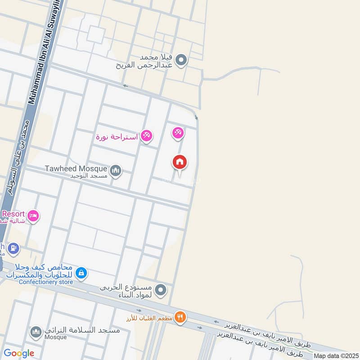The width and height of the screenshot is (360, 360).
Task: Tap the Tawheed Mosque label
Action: tap(76, 169)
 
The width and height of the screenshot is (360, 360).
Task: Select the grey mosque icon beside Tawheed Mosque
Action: tap(116, 170)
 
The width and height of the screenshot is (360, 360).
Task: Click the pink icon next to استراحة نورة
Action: tap(146, 135)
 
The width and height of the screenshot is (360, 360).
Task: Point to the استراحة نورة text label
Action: tap(117, 136)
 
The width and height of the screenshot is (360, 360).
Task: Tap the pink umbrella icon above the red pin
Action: tap(177, 133)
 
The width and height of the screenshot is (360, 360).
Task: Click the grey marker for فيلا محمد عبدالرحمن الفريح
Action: tap(181, 59)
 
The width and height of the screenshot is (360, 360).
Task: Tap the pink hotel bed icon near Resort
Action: tap(33, 216)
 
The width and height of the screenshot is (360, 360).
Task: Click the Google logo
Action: tap(18, 353)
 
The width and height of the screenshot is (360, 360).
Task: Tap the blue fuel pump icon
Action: tap(14, 247)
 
